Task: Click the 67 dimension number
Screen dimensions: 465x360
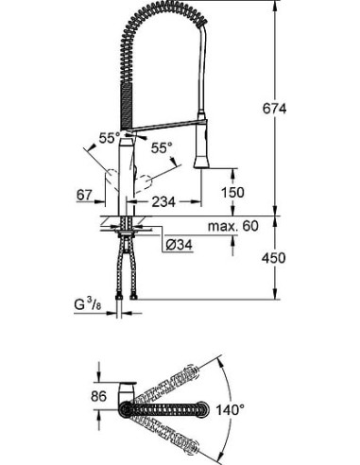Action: coord(85,195)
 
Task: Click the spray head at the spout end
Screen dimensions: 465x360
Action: coord(201,150)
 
